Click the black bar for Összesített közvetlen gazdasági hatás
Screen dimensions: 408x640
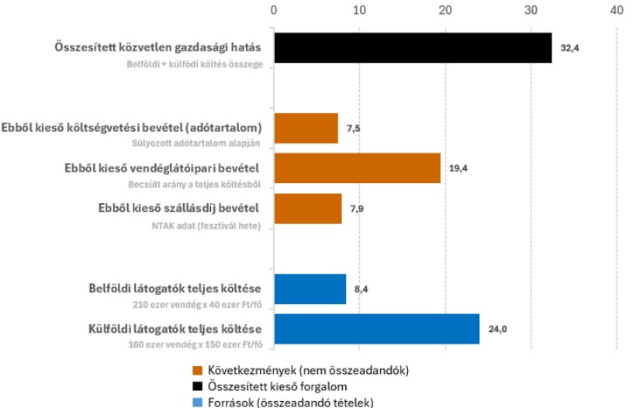[412, 48]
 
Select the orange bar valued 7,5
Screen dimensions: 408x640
[306, 128]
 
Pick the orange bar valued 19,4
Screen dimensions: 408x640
[357, 168]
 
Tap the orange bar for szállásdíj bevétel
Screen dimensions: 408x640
[307, 209]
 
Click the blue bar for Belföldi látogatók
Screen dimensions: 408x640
[310, 289]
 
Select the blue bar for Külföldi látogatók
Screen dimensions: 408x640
[376, 329]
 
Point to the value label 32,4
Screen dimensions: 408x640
[570, 48]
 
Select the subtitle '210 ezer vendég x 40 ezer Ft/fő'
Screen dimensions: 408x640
[197, 303]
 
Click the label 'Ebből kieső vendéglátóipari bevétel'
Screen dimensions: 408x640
[161, 168]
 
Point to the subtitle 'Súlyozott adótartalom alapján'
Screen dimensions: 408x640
[194, 143]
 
